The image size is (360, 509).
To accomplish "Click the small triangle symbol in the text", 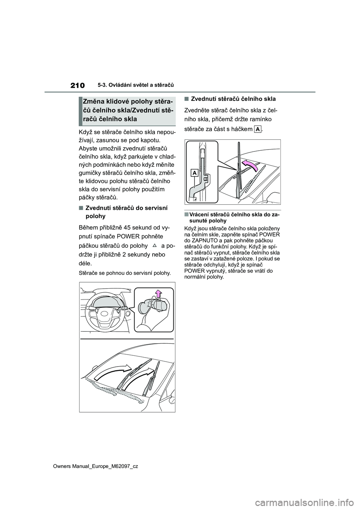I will tap(154, 246).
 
